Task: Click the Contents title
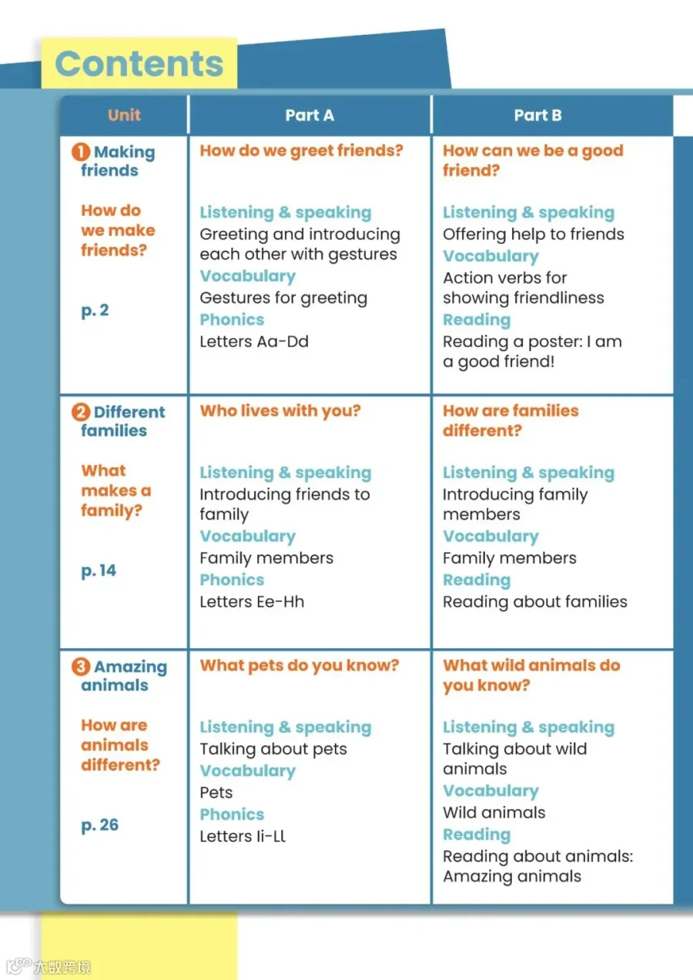[x=139, y=64]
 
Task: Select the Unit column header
[x=124, y=115]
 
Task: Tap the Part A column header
[x=310, y=115]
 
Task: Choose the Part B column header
[x=537, y=115]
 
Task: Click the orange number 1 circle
[x=81, y=152]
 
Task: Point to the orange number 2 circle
[x=81, y=413]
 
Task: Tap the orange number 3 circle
[x=81, y=667]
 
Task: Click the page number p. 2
[x=95, y=311]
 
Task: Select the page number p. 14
[x=99, y=571]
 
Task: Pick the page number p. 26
[x=99, y=825]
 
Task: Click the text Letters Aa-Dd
[x=254, y=342]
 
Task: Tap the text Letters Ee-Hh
[x=252, y=602]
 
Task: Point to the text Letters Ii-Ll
[x=243, y=836]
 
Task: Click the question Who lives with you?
[x=280, y=411]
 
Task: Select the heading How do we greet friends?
[x=301, y=151]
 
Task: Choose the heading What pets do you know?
[x=300, y=665]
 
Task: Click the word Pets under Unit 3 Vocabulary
[x=216, y=792]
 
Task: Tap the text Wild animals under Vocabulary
[x=494, y=813]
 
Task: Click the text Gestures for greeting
[x=283, y=298]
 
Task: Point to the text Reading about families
[x=534, y=602]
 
